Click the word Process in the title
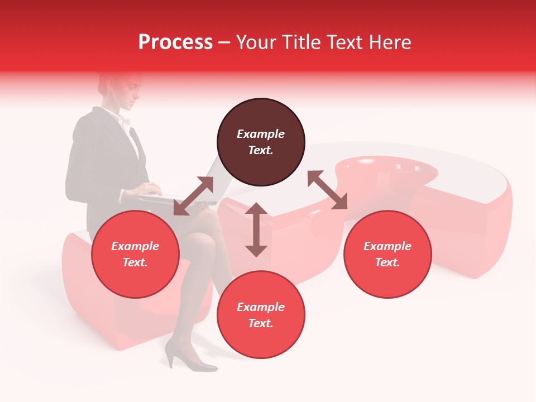[175, 42]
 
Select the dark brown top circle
[261, 142]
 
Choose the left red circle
[135, 254]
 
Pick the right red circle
[387, 254]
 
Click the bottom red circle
[261, 315]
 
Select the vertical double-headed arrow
[256, 229]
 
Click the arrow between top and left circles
[194, 195]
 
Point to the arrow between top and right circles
[327, 190]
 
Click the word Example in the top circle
[261, 134]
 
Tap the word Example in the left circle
[135, 246]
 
